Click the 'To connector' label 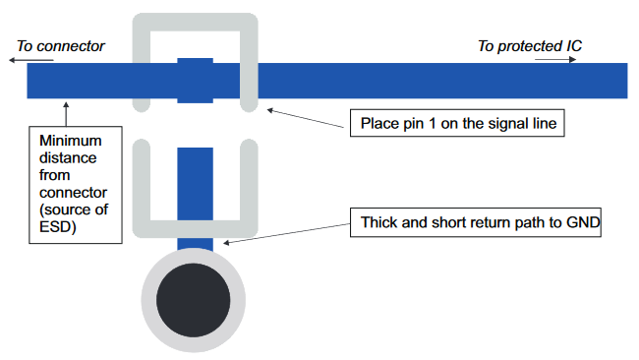[x=61, y=46]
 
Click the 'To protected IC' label [x=530, y=46]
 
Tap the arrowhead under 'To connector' [x=12, y=60]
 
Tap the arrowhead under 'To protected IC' [x=573, y=60]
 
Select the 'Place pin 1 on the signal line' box [x=457, y=123]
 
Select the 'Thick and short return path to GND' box [x=476, y=222]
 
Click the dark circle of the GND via [x=193, y=300]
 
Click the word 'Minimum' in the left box [x=71, y=141]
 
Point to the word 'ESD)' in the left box [x=57, y=227]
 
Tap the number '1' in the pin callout [x=432, y=123]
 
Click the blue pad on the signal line [x=196, y=81]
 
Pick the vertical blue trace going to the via [x=196, y=199]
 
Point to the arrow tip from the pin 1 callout [x=268, y=109]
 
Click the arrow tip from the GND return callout [x=224, y=243]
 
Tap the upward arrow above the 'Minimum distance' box [x=66, y=114]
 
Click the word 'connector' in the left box [x=74, y=193]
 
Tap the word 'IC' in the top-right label [x=574, y=46]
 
